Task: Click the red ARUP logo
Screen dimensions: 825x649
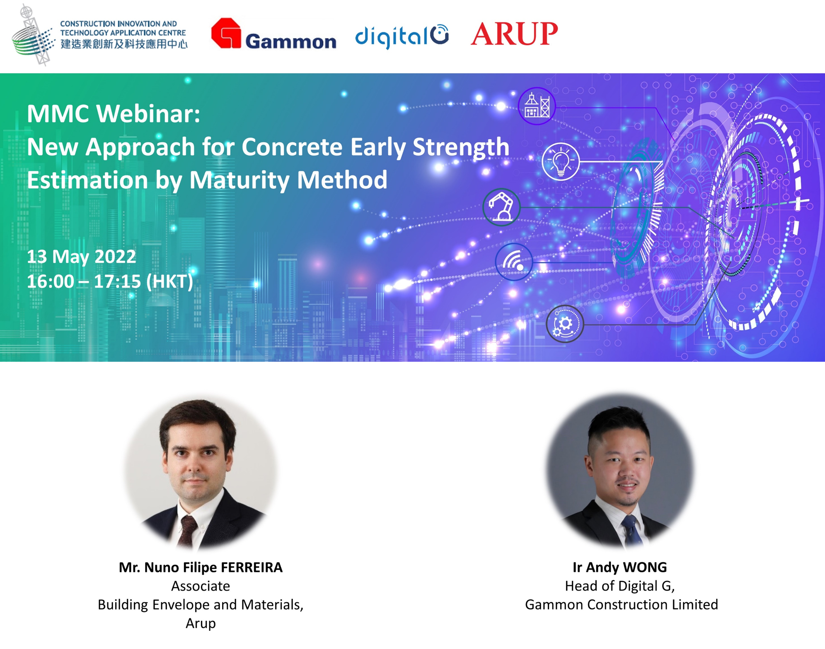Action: pyautogui.click(x=514, y=34)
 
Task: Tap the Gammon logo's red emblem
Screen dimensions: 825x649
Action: pyautogui.click(x=226, y=33)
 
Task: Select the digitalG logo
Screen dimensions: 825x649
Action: pyautogui.click(x=402, y=36)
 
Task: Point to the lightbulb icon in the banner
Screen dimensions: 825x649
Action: pyautogui.click(x=561, y=161)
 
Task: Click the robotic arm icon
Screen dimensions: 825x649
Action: pyautogui.click(x=501, y=207)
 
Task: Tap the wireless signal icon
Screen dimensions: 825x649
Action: pyautogui.click(x=514, y=262)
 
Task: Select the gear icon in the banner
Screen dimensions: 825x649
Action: pyautogui.click(x=565, y=324)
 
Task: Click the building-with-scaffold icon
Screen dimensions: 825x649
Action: pyautogui.click(x=537, y=106)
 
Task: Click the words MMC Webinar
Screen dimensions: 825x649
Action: pyautogui.click(x=114, y=113)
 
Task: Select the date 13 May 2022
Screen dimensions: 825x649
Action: pyautogui.click(x=82, y=257)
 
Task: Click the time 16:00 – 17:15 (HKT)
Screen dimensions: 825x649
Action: pyautogui.click(x=110, y=281)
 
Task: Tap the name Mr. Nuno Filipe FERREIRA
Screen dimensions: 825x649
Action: pyautogui.click(x=201, y=567)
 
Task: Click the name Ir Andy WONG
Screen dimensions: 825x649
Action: pyautogui.click(x=620, y=567)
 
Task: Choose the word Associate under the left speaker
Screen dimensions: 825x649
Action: pyautogui.click(x=201, y=586)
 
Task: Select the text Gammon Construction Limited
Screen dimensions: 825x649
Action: pyautogui.click(x=622, y=605)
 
